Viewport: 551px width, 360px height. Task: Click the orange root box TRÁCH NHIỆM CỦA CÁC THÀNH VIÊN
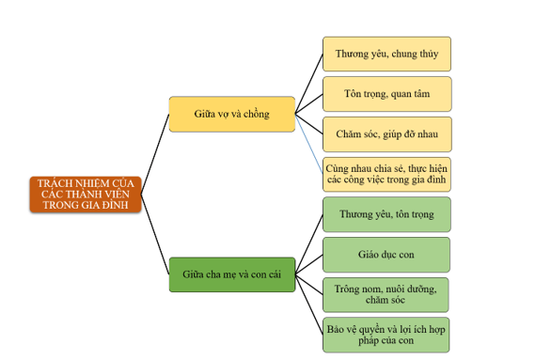(x=86, y=195)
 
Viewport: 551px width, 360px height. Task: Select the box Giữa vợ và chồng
(x=232, y=114)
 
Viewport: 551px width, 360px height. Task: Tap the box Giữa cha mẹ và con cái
(x=232, y=274)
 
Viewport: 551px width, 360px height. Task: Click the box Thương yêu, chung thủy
(x=386, y=54)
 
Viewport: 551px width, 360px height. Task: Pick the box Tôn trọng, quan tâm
(x=386, y=94)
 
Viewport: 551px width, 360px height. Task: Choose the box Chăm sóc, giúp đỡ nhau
(x=386, y=134)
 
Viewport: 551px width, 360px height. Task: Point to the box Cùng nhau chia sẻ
(x=386, y=174)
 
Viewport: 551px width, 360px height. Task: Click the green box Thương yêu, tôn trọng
(x=386, y=214)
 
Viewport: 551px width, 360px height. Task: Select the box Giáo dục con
(x=386, y=255)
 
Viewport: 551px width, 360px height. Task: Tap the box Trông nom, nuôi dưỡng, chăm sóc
(x=386, y=294)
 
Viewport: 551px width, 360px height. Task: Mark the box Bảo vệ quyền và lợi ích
(x=386, y=335)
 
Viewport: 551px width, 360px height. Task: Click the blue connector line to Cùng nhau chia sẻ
(x=309, y=144)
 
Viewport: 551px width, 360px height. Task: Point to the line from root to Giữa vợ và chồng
(x=155, y=154)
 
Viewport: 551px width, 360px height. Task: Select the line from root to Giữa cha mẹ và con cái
(x=155, y=234)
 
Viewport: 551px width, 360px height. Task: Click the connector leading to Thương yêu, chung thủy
(x=309, y=84)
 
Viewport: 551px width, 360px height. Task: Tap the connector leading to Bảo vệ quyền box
(x=309, y=305)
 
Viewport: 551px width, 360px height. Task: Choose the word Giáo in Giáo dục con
(x=367, y=255)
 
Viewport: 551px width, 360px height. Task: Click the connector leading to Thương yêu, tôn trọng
(x=309, y=244)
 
